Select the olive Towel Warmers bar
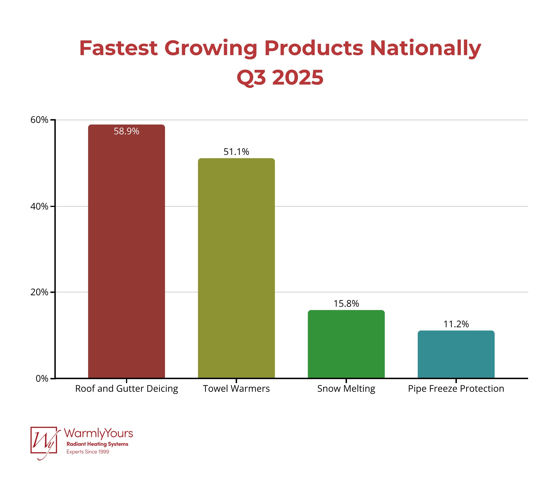236,268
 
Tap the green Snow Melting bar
346,344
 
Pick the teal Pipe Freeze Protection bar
456,354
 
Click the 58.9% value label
126,132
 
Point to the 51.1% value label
236,152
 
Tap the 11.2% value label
456,324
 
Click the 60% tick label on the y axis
39,120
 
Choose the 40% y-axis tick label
39,207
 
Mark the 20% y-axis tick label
39,292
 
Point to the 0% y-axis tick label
42,378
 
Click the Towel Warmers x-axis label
236,389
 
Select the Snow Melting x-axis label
346,389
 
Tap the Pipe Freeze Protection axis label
456,389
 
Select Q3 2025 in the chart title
280,78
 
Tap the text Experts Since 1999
87,452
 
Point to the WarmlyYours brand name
98,433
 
